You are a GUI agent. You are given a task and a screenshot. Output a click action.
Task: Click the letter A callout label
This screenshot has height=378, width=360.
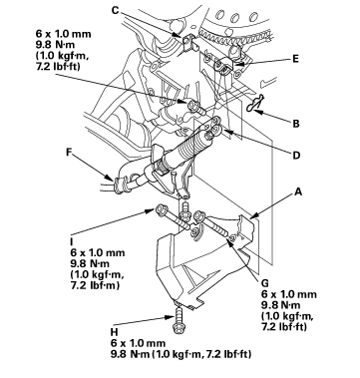coord(298,191)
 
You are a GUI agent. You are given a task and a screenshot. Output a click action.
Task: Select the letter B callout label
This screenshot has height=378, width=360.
coord(296,124)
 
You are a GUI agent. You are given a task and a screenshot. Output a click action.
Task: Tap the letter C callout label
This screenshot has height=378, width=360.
coord(115,10)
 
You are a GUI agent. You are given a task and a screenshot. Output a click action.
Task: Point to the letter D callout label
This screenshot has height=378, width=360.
coord(296,156)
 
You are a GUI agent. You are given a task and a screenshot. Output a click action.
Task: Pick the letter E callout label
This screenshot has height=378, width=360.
coord(295,59)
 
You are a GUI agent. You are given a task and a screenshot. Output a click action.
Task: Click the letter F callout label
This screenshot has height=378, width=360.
coord(69,152)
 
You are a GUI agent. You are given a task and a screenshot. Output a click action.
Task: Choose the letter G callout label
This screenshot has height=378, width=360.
coord(265,283)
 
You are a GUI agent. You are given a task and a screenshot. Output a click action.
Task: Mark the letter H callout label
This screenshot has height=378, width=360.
coord(114,332)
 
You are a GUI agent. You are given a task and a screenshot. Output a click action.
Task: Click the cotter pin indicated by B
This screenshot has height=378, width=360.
coord(255,104)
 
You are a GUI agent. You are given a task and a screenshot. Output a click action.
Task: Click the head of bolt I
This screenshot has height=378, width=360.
coord(160,209)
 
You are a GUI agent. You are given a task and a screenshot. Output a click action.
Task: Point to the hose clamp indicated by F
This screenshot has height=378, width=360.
coord(119,186)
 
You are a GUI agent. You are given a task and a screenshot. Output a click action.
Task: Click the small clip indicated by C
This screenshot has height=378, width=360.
coord(187,41)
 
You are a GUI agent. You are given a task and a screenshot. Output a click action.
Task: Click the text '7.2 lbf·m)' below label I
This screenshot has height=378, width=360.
coord(95,285)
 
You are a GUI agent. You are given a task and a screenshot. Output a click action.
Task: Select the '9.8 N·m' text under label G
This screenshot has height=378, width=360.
coord(281,305)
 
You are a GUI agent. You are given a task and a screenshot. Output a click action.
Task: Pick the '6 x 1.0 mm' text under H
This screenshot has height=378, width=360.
coord(138,343)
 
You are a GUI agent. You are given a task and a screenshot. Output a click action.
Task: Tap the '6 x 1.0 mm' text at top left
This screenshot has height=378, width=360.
coord(63,34)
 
